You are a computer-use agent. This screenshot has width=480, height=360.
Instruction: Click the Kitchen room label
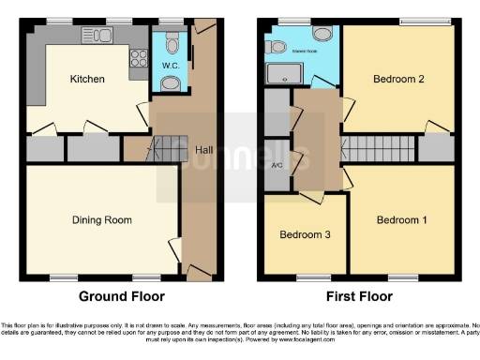86,79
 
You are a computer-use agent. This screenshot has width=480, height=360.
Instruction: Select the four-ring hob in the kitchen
138,58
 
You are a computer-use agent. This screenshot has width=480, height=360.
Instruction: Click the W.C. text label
171,66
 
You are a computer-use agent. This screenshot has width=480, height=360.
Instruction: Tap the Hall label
202,150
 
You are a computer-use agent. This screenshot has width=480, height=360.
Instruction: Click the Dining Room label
101,220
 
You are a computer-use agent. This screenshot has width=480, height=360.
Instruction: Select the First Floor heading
359,296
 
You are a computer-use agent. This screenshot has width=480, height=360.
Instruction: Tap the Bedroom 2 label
399,79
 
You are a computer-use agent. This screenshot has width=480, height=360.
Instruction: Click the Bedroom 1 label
402,220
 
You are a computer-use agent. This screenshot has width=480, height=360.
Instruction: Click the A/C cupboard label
277,166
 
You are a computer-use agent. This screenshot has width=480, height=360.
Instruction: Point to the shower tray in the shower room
279,73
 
